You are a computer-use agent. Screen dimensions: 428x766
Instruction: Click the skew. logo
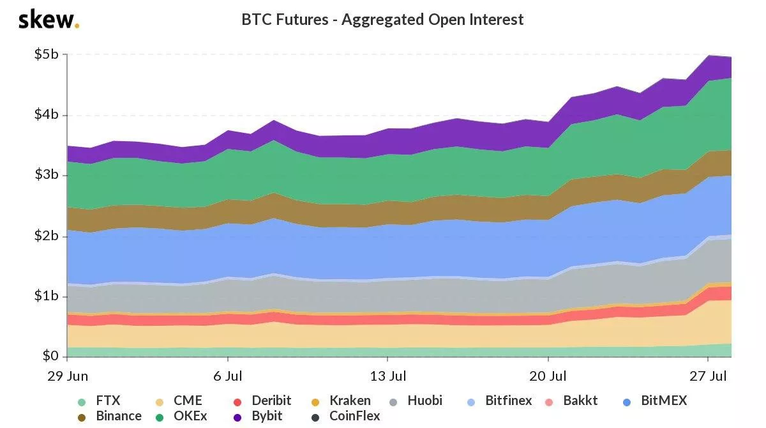(49, 20)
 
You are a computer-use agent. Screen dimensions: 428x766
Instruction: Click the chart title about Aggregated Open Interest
(382, 20)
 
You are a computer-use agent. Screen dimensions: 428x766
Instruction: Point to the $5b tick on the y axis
(47, 55)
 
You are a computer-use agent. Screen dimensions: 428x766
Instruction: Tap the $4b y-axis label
(47, 115)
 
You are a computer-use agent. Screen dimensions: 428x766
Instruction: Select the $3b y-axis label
(47, 176)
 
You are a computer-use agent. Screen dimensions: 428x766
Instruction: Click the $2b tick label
(47, 236)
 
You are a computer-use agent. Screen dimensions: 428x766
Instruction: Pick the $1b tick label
(47, 296)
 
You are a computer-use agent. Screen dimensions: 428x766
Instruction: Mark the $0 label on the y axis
(50, 356)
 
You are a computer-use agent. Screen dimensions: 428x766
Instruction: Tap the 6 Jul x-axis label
(227, 376)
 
